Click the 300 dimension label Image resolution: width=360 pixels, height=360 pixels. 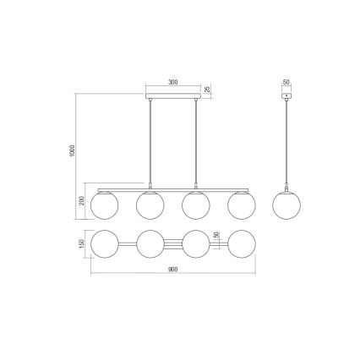pos(172,84)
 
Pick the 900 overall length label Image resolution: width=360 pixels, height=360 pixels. pos(172,270)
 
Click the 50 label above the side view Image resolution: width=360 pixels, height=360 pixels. pos(286,84)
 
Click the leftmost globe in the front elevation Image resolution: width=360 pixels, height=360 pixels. pos(104,205)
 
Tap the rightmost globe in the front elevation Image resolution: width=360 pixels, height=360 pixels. pos(241,205)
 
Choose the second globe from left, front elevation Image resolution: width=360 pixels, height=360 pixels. pos(150,205)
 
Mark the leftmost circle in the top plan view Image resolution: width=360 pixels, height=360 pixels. pos(104,243)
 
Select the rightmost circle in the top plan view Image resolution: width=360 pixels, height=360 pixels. pos(241,243)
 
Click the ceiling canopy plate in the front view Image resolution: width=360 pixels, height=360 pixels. pos(172,97)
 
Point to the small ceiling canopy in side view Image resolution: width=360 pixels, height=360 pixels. pos(286,97)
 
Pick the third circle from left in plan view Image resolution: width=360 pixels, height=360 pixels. pos(195,243)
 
